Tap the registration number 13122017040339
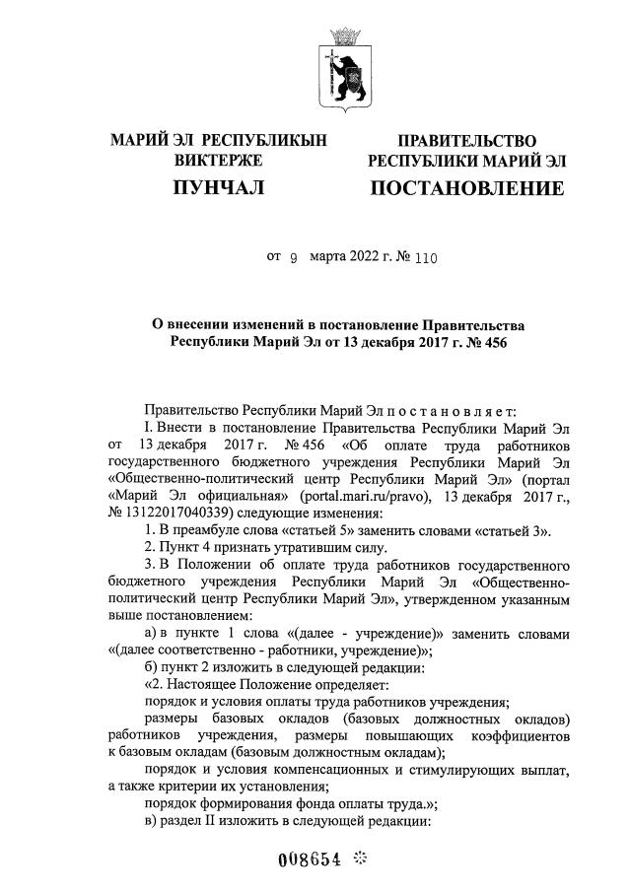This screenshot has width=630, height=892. point(165,513)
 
